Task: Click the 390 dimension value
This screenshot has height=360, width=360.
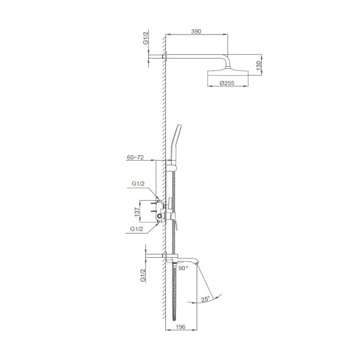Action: coord(196,31)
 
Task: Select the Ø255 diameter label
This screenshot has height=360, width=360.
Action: coord(227,83)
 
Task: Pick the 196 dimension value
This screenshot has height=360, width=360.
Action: coord(180,327)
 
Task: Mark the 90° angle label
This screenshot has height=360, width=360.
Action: coord(183,268)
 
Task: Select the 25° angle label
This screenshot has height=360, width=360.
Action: coord(206,300)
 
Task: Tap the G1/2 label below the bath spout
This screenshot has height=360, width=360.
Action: coord(143,275)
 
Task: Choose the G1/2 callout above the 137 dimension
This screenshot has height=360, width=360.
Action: coord(138,184)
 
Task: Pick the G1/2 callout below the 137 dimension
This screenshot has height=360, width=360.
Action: coord(137,229)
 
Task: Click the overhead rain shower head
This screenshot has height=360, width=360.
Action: coord(228,73)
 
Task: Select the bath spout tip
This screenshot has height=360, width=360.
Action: coord(197,263)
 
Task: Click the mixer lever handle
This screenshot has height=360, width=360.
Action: coord(176,223)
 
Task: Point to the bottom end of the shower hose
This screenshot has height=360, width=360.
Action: coord(175,318)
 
